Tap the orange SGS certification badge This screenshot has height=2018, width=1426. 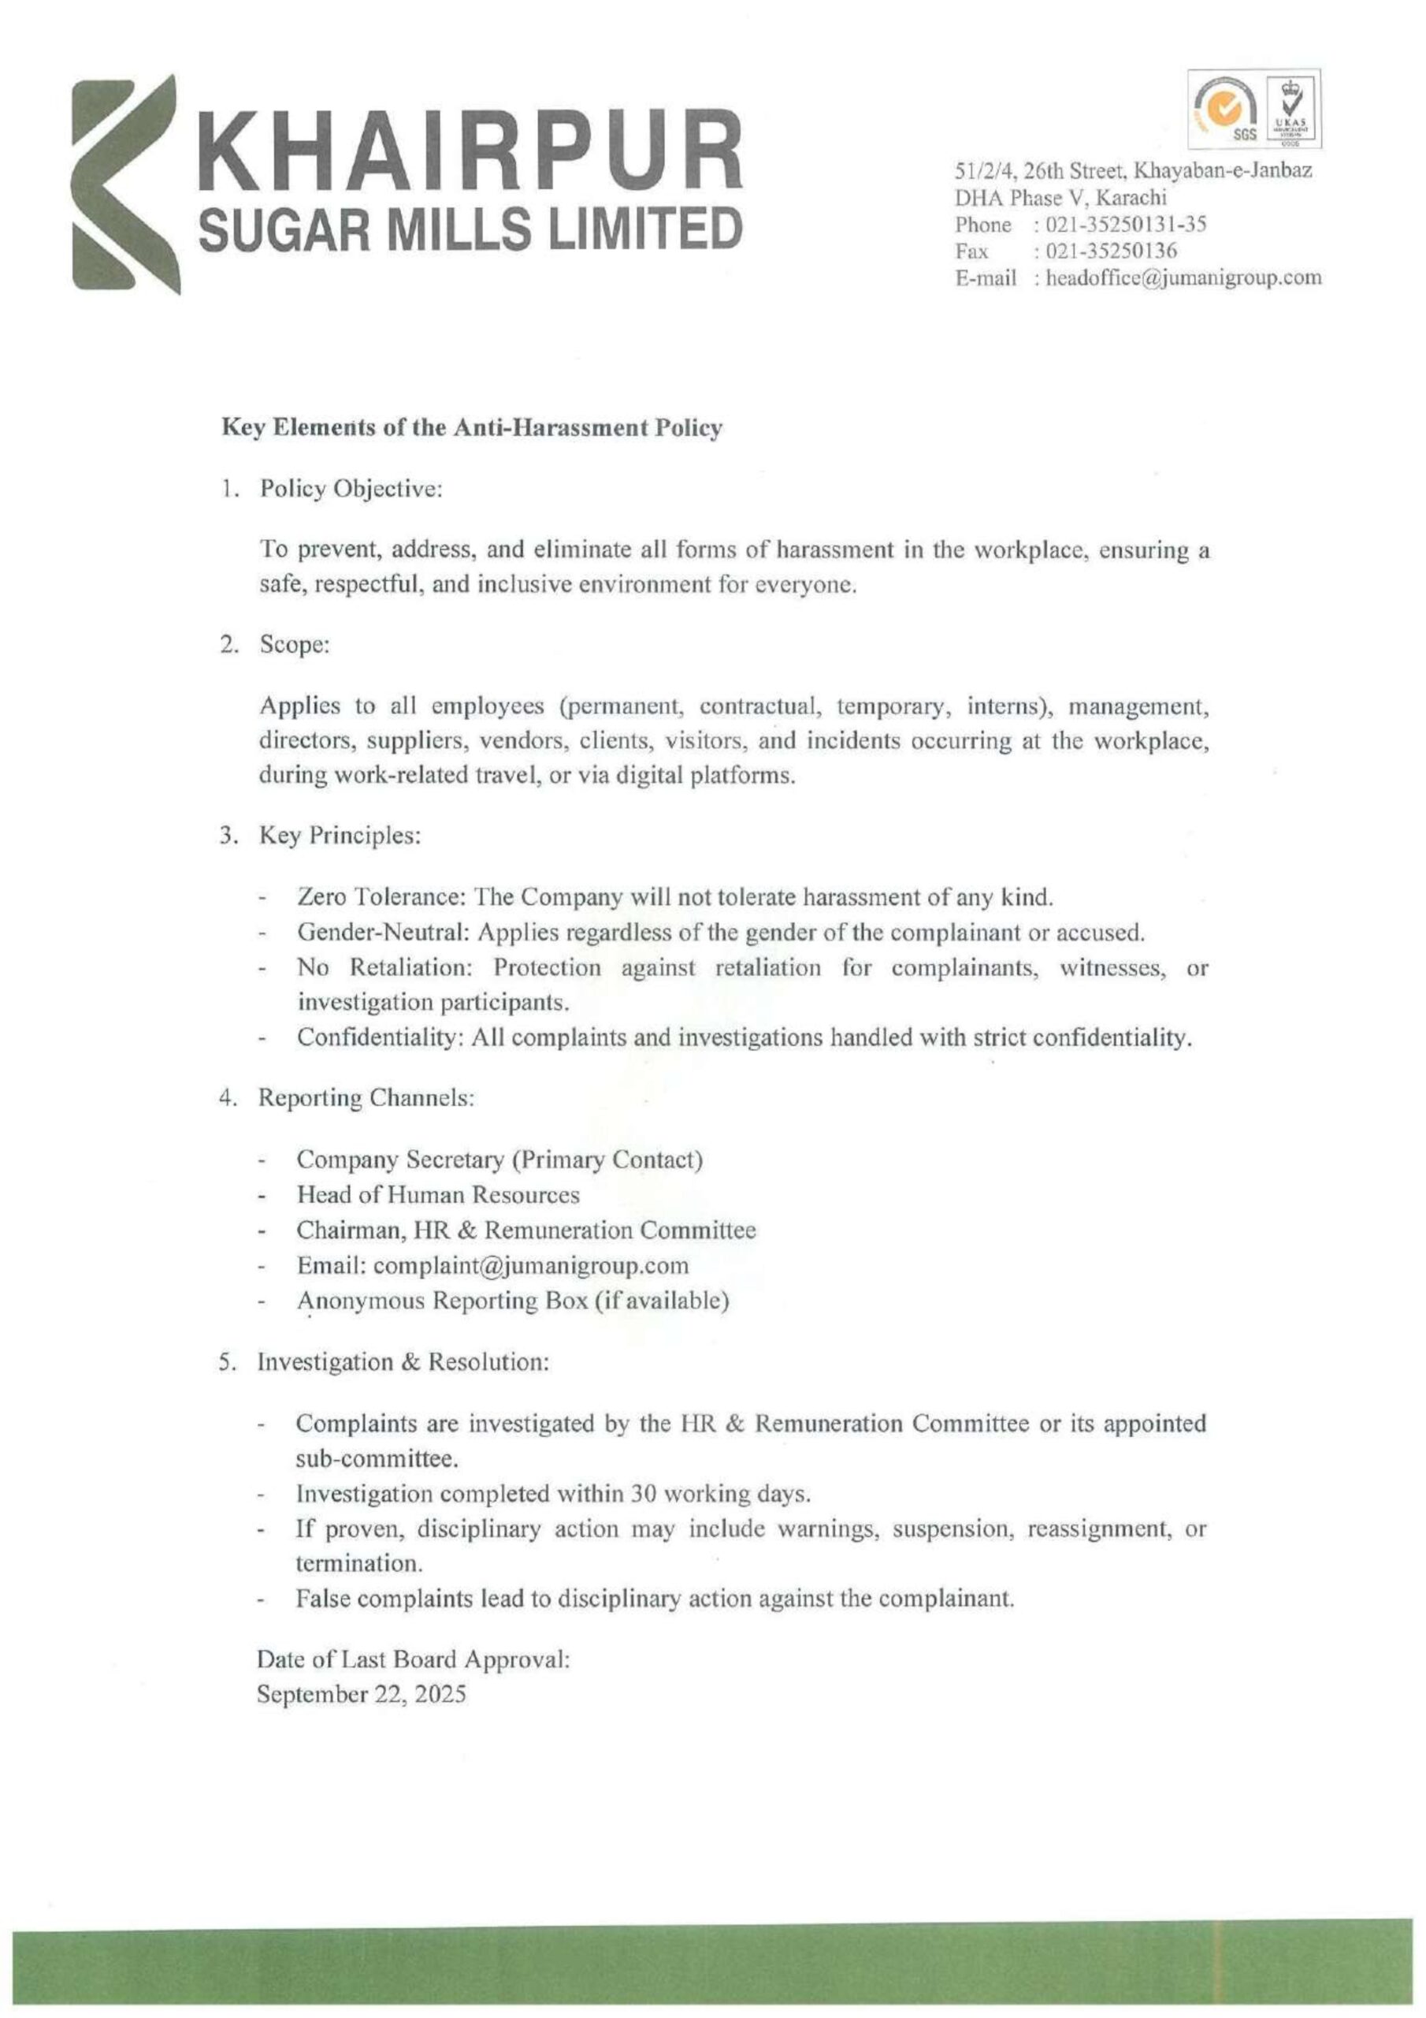(x=1224, y=110)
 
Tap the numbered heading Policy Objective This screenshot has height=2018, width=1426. (x=350, y=490)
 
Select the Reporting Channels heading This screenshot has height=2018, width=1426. (x=366, y=1099)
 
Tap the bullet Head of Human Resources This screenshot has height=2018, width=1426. (x=437, y=1195)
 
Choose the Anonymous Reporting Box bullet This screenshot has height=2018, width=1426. (x=512, y=1301)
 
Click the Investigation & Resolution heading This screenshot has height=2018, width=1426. (x=403, y=1362)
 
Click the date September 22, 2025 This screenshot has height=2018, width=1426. (x=361, y=1695)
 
